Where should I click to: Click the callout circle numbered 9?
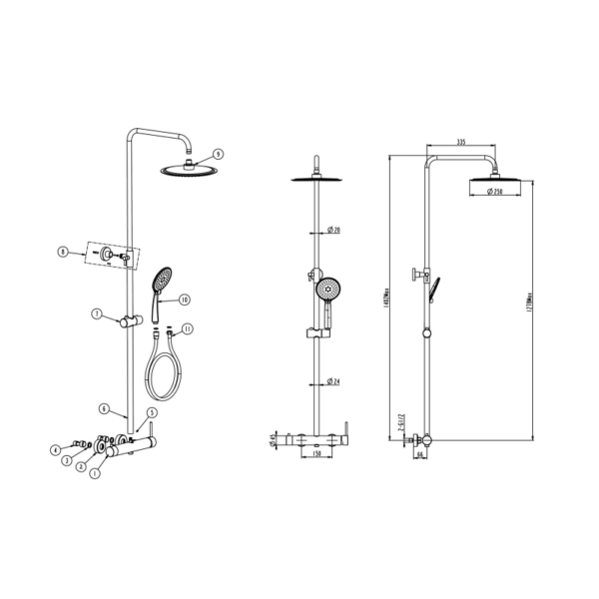tap(218, 154)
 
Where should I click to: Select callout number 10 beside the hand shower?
tap(185, 299)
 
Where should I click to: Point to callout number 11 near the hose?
tap(188, 328)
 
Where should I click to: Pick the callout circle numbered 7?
tap(97, 314)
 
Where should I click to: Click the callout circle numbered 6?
tap(102, 407)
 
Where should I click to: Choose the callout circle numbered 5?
tap(151, 412)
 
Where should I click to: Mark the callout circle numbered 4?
tap(56, 450)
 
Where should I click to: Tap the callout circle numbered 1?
tap(95, 473)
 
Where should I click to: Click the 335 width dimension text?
tap(461, 143)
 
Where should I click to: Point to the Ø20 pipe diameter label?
tap(334, 231)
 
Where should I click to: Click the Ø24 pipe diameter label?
tap(334, 382)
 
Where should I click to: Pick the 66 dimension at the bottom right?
tap(420, 455)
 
